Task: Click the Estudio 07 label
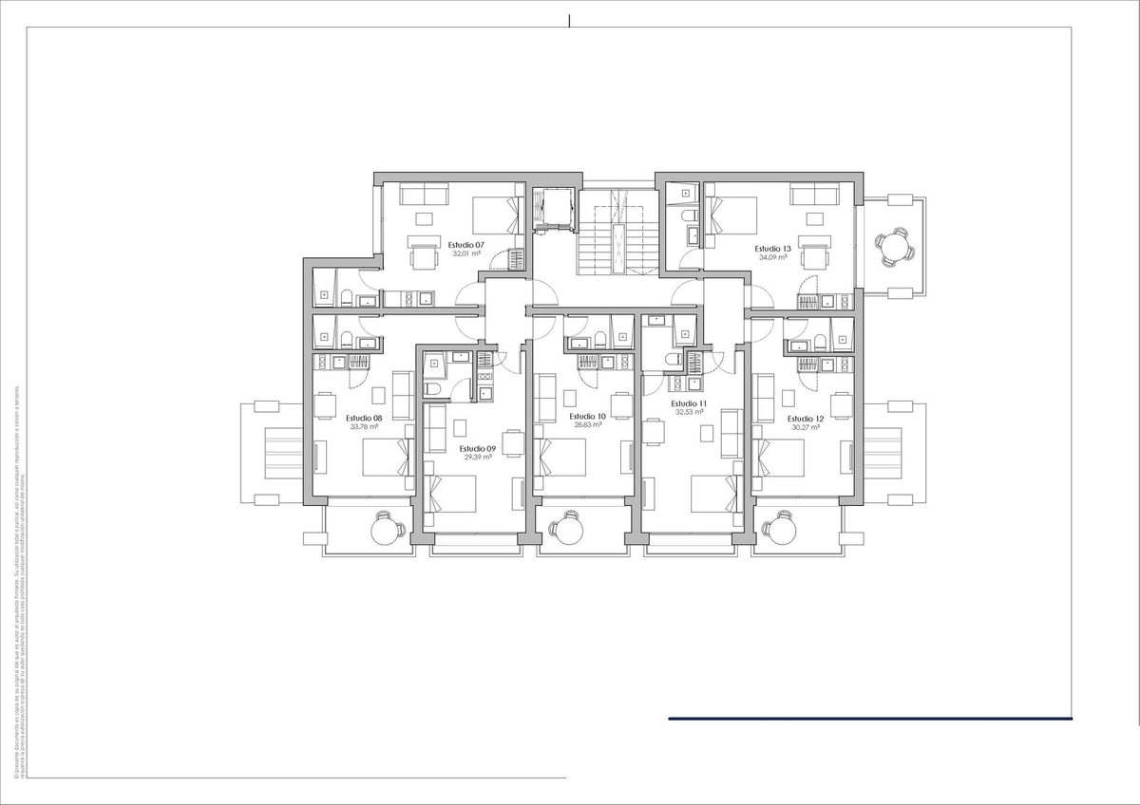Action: tap(465, 245)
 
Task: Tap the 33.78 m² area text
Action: tap(364, 427)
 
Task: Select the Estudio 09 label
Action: tap(477, 448)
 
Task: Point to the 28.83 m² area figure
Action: tap(587, 425)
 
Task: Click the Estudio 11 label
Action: tap(691, 403)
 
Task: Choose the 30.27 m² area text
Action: tap(806, 427)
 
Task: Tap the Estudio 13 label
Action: tap(774, 249)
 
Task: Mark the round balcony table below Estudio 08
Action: tap(383, 529)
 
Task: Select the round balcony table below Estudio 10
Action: tap(569, 529)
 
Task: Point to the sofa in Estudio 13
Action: tap(814, 195)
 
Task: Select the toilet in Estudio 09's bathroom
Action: tap(433, 391)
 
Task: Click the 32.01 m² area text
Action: tap(465, 254)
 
